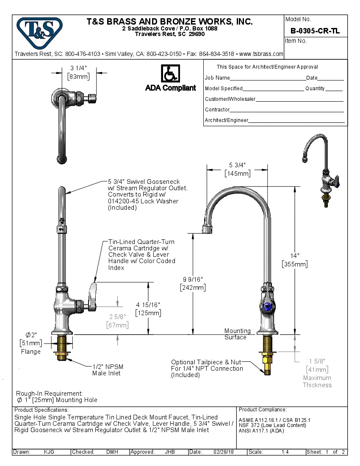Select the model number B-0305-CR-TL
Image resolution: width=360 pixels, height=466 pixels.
pos(315,31)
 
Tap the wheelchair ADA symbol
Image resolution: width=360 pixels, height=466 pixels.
pos(170,74)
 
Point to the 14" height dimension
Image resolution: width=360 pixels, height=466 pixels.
pos(294,260)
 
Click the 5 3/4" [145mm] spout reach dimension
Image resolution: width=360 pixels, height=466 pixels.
pos(237,169)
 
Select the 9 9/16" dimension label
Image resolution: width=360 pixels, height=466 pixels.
pos(193,283)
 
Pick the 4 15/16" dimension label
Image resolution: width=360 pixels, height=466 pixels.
pos(148,308)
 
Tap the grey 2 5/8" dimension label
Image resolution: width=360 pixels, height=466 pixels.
pos(117,321)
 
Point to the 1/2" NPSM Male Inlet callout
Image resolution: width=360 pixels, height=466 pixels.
pos(108,370)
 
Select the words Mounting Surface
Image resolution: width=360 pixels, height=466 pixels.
pos(237,334)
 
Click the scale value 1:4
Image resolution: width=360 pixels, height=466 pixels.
pos(285,452)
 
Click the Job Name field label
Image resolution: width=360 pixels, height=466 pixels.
pos(217,78)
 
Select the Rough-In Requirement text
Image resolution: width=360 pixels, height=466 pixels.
pos(49,394)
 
